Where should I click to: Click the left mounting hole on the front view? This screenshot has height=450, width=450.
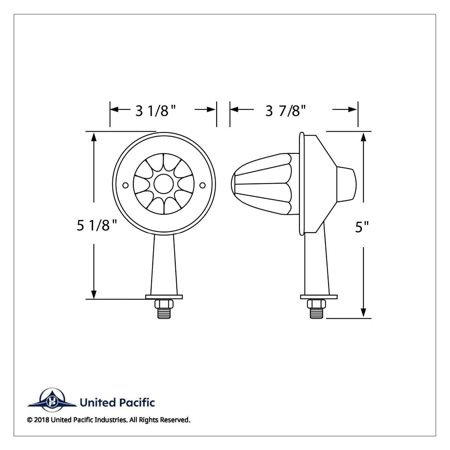(125, 185)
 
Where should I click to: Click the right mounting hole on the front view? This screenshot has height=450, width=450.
(202, 185)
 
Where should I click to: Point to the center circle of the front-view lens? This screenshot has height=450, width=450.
(164, 184)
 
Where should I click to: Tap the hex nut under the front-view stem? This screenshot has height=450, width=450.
(164, 304)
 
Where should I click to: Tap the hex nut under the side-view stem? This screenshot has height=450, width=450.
(316, 304)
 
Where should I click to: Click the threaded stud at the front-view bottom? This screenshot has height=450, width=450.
(164, 313)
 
